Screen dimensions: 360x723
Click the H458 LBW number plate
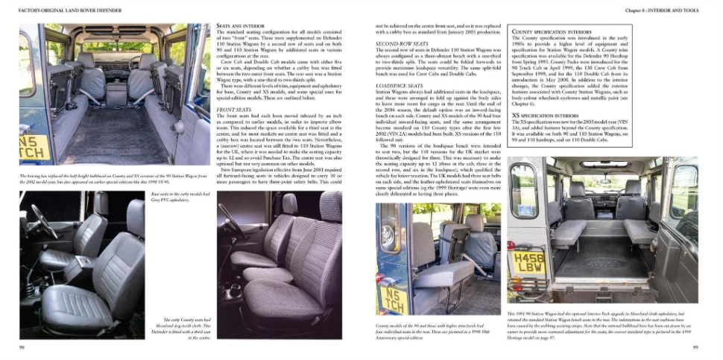click(530, 261)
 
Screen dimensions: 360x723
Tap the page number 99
click(694, 347)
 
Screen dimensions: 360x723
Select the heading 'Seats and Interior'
click(234, 25)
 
